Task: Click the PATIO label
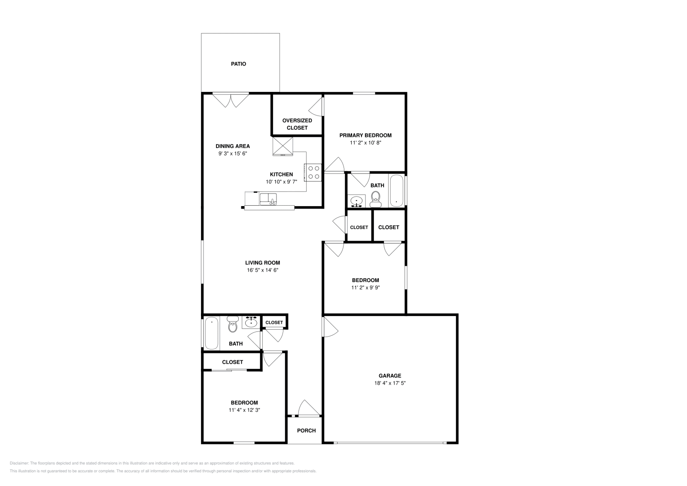click(238, 64)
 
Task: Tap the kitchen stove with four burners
click(313, 173)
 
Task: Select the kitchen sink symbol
click(268, 199)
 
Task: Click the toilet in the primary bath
click(376, 197)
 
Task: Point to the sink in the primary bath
click(356, 200)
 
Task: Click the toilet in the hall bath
click(232, 325)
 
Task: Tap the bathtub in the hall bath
click(211, 333)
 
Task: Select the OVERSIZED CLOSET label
click(297, 124)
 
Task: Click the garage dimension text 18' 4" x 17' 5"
click(390, 383)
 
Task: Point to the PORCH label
click(306, 431)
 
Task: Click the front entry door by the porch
click(308, 409)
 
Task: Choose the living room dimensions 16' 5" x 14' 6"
click(262, 270)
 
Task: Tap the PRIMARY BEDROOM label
click(365, 135)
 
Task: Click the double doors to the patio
click(231, 100)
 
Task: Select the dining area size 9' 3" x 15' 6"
click(232, 153)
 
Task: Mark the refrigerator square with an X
click(283, 146)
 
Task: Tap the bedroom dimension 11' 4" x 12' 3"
click(244, 410)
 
